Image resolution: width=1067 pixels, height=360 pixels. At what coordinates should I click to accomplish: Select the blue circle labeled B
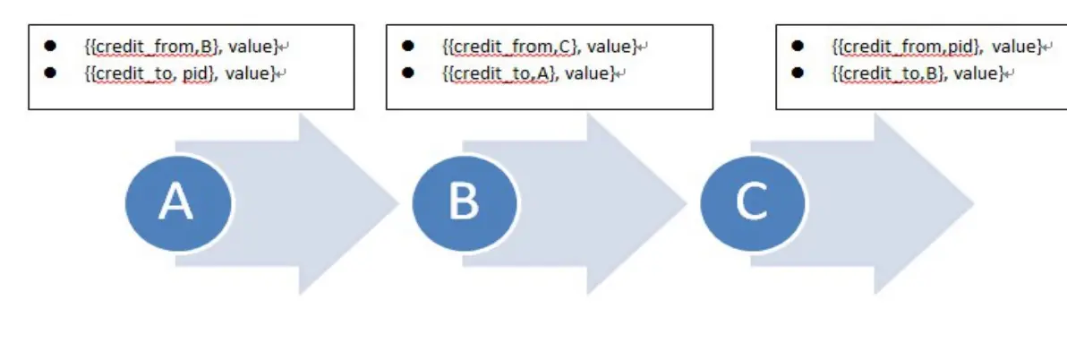point(465,202)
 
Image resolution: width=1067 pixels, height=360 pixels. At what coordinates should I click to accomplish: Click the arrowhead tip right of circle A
point(397,203)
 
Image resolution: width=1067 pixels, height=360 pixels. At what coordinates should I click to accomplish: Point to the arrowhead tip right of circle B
point(685,203)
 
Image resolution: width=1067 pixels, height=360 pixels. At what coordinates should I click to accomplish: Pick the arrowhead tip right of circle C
point(973,203)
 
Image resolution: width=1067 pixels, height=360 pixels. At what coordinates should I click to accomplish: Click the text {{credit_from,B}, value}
point(181,45)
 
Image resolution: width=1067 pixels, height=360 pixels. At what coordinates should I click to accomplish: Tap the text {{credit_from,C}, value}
point(539,45)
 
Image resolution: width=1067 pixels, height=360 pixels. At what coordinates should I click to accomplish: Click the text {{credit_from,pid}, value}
point(935,45)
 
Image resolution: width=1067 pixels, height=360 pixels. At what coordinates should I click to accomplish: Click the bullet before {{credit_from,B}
point(50,45)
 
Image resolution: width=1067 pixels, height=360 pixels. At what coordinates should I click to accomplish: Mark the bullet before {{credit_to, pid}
point(50,73)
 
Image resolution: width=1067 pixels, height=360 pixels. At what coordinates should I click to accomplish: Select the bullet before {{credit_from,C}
point(408,45)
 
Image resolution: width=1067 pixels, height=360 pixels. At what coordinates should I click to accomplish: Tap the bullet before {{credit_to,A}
point(408,73)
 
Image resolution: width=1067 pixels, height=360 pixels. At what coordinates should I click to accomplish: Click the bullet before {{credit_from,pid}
point(798,45)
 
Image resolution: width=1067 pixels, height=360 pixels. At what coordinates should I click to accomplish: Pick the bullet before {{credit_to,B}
point(798,73)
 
